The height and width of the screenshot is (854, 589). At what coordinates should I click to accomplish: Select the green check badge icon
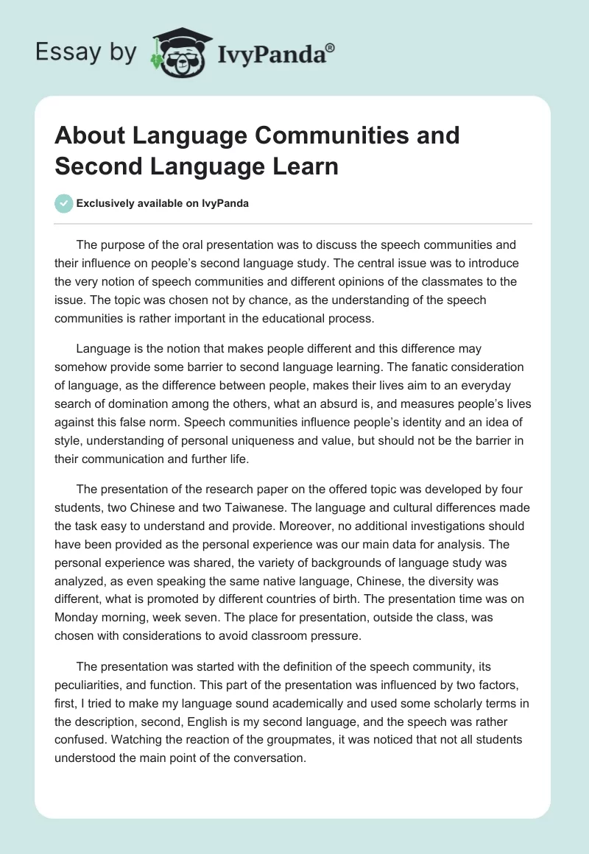click(x=64, y=203)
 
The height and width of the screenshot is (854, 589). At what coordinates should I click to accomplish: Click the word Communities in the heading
click(x=293, y=135)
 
